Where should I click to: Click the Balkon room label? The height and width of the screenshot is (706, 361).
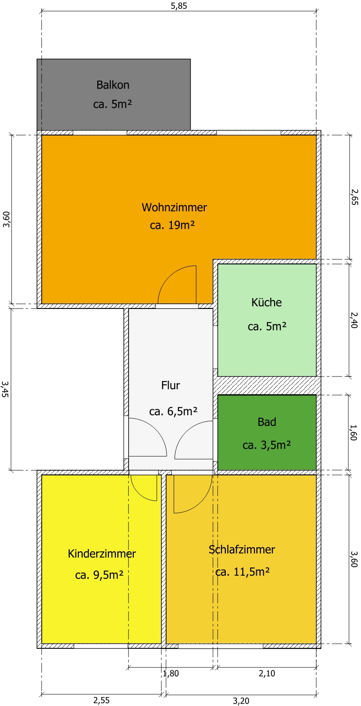pos(113,85)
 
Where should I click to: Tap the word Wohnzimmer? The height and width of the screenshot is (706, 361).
pos(174,207)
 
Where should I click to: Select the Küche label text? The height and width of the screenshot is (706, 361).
pos(267,302)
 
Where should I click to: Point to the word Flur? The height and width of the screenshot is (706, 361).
pos(170,385)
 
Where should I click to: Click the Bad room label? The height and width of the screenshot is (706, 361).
pos(267,422)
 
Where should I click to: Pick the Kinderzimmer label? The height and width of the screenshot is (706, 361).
pos(101,554)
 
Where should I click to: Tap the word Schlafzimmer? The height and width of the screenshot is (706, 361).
pos(242,549)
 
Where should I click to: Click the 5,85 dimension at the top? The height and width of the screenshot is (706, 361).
pos(179,6)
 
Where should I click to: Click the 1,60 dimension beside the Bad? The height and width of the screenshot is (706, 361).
pos(353,433)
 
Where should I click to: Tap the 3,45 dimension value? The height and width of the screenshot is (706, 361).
pos(5,389)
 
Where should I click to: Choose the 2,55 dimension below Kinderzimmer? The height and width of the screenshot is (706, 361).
pos(101,700)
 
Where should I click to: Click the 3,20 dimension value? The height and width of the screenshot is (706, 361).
pos(241,701)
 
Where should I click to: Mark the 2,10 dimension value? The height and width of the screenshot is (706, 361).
pos(267,673)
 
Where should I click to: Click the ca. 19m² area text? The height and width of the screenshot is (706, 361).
pos(172,225)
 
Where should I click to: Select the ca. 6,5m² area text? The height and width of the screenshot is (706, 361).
pos(173,411)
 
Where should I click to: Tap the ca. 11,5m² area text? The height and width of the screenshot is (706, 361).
pos(242,571)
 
